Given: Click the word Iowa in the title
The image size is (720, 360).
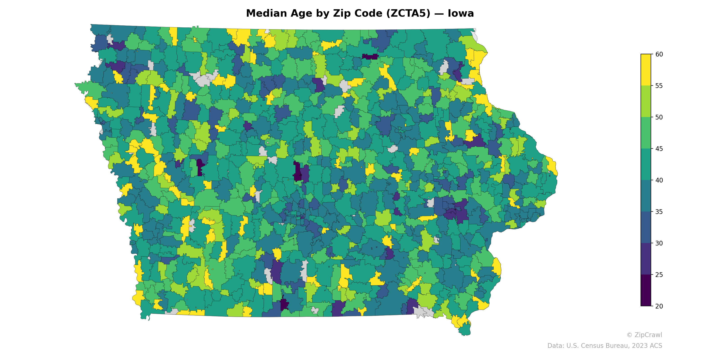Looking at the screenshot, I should (461, 13).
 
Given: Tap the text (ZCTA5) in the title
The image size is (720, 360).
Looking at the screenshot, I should (408, 13).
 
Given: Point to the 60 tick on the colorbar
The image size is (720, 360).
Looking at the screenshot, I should (659, 54).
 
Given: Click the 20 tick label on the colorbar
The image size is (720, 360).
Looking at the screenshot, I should (659, 306).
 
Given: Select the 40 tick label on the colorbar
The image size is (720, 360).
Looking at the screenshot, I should (659, 180).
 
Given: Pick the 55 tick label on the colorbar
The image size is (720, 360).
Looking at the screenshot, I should (659, 86).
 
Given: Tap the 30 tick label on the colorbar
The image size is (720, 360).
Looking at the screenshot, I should (659, 243).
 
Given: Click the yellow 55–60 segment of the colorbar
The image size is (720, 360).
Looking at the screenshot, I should (646, 70).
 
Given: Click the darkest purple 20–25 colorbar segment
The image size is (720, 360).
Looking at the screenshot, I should (646, 290).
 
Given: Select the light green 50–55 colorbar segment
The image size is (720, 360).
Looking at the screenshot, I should (646, 101).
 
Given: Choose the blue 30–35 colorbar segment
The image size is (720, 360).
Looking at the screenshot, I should (646, 227).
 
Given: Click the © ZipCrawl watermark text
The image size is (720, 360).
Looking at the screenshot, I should (644, 335).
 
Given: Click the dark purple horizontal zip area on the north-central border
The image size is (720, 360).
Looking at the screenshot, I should (370, 57).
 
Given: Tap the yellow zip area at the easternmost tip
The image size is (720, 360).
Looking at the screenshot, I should (552, 166).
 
